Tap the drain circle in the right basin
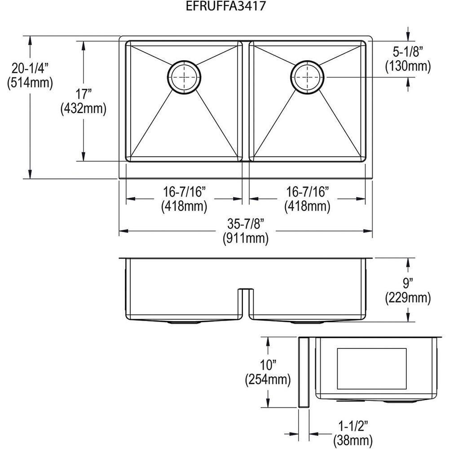307,77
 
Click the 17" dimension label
84,95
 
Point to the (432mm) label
84,109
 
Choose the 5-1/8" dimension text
408,53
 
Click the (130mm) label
408,66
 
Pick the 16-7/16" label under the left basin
185,192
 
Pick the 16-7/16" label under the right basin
308,192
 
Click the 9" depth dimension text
408,283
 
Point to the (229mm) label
408,297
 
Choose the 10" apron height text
268,365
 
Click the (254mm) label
268,379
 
